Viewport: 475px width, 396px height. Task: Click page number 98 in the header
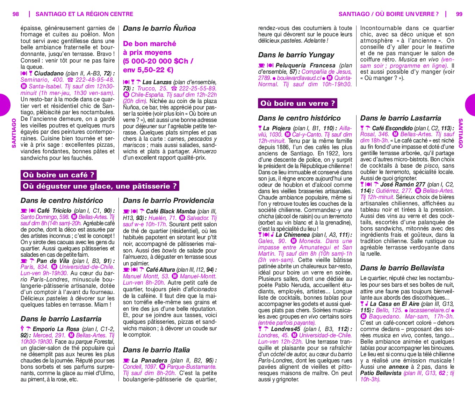click(16, 14)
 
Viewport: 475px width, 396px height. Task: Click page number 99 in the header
click(459, 14)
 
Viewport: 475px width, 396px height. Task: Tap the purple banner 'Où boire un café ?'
click(58, 175)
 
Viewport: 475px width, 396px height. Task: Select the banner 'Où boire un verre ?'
click(297, 103)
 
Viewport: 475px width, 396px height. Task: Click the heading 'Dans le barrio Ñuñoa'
click(159, 28)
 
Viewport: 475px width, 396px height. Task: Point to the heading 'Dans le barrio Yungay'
click(296, 55)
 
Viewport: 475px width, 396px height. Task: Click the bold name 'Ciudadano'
click(49, 73)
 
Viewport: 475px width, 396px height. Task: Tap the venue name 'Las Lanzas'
click(157, 82)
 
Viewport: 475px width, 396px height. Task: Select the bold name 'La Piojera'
click(277, 128)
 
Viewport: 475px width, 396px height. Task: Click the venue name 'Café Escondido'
click(392, 128)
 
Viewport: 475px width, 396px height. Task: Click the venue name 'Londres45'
click(285, 329)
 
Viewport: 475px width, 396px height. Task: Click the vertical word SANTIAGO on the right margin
click(461, 133)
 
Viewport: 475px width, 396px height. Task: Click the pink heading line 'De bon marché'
click(149, 44)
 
